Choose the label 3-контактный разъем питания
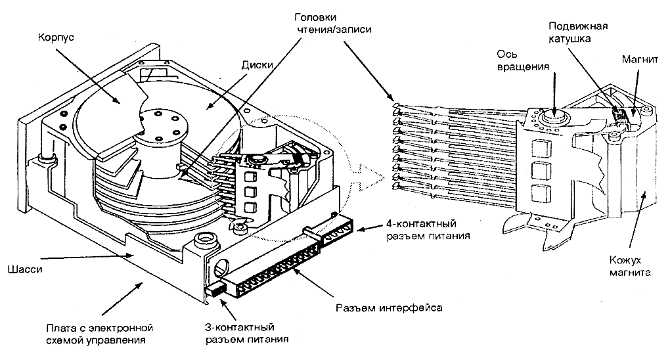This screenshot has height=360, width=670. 242,333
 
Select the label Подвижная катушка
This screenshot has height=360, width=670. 578,33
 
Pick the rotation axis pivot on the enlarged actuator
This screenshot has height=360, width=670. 554,118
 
